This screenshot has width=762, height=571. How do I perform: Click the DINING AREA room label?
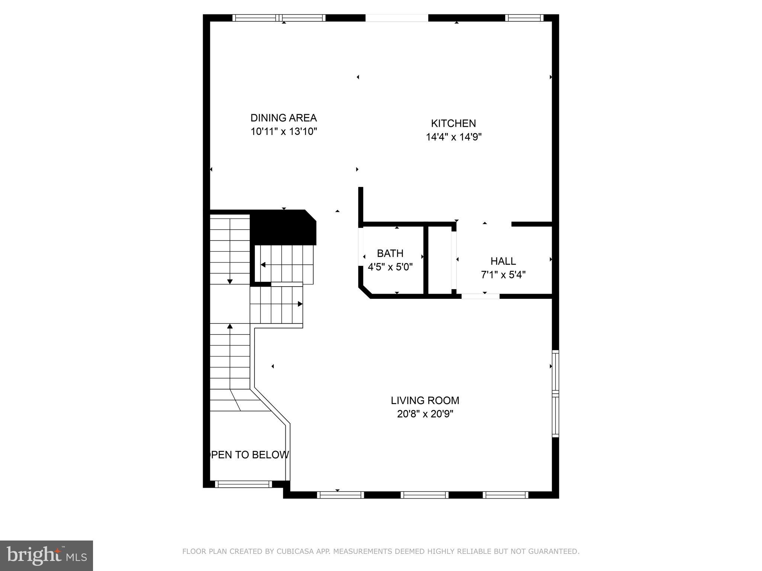tap(284, 118)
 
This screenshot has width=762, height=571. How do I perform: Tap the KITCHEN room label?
tap(453, 123)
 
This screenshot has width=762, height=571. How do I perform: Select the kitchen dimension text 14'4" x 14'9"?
tap(454, 137)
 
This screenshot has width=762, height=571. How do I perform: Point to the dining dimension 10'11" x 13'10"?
tap(284, 132)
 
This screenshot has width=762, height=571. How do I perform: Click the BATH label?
tap(390, 254)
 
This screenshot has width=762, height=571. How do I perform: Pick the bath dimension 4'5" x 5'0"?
tap(390, 267)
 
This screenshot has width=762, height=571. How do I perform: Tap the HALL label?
tap(503, 261)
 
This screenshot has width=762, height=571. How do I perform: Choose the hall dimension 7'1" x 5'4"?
tap(503, 275)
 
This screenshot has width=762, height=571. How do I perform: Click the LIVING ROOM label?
tap(425, 400)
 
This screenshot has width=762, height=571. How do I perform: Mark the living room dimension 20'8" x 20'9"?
tap(425, 414)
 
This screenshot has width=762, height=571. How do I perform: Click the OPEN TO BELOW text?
tap(250, 455)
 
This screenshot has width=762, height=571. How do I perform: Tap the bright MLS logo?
tap(47, 555)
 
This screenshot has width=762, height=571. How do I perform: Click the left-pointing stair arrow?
tap(263, 265)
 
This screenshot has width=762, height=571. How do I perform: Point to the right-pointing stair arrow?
tap(300, 304)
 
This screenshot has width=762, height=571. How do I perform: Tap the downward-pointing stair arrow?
tap(230, 281)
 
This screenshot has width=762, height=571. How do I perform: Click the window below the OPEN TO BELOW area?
tap(244, 484)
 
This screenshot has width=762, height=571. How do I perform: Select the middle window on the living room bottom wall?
tap(425, 495)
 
